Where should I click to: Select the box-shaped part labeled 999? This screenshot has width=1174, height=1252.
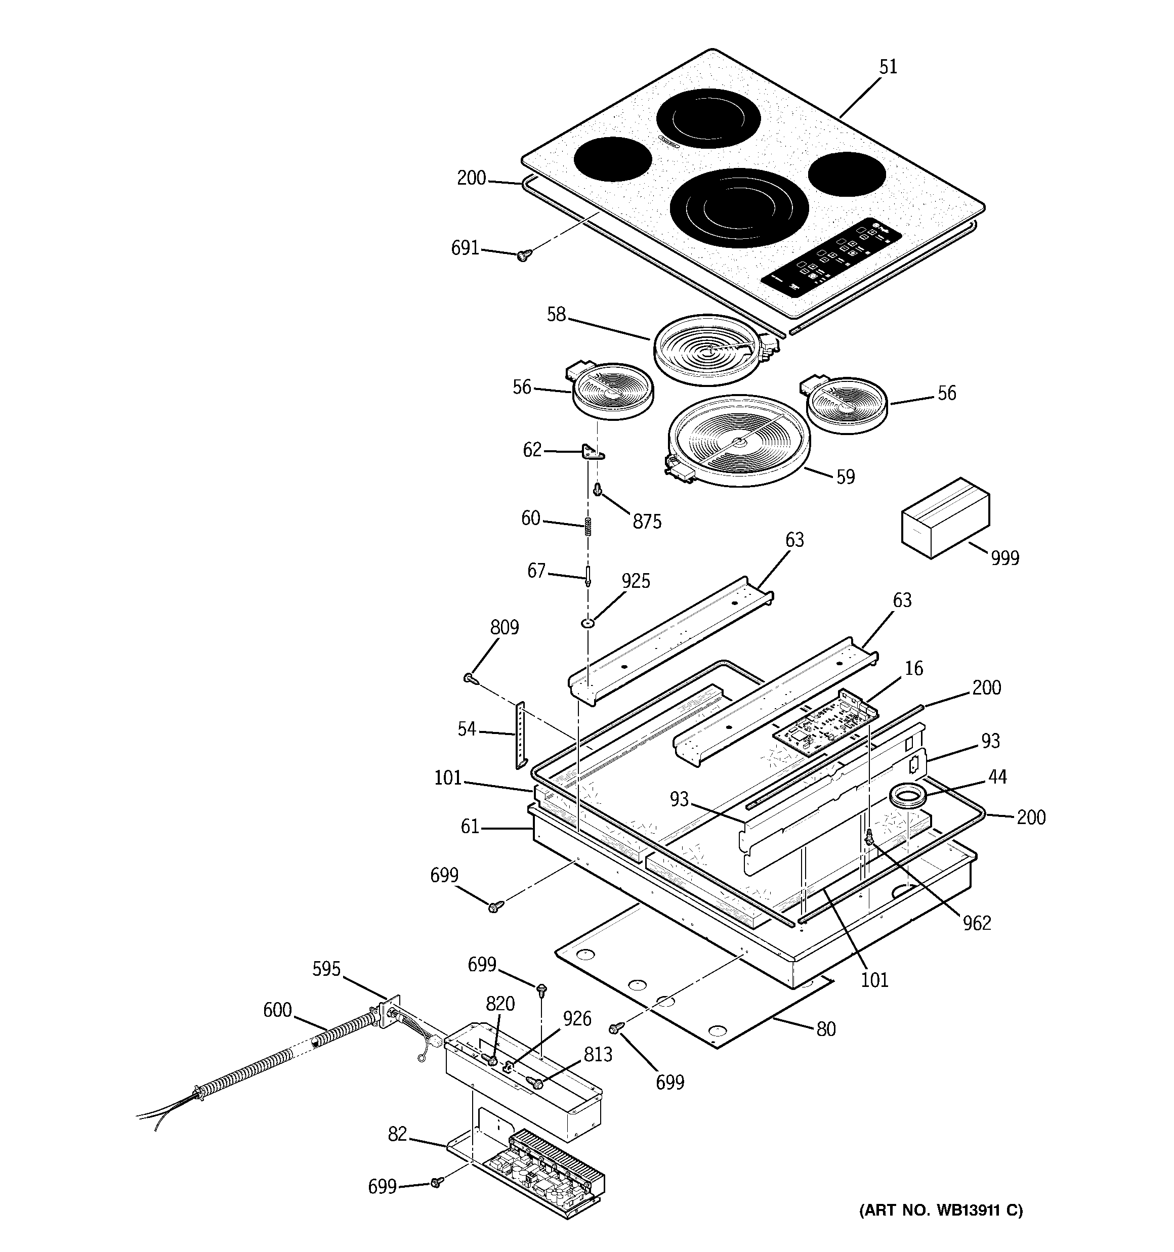click(945, 517)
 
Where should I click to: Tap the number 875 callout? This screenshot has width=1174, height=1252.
click(647, 522)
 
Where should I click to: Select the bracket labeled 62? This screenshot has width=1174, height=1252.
click(591, 452)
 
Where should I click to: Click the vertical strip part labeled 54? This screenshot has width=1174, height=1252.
click(521, 735)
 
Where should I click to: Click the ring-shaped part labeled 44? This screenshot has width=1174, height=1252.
click(906, 797)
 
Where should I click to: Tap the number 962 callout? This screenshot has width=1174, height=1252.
click(976, 923)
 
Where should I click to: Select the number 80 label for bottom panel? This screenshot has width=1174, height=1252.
click(825, 1029)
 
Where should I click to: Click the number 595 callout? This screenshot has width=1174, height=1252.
click(326, 969)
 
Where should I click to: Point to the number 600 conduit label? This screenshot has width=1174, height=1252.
click(277, 1010)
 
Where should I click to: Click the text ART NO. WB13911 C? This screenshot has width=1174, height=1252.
click(941, 1211)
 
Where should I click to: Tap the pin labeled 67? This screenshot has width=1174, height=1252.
click(588, 576)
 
